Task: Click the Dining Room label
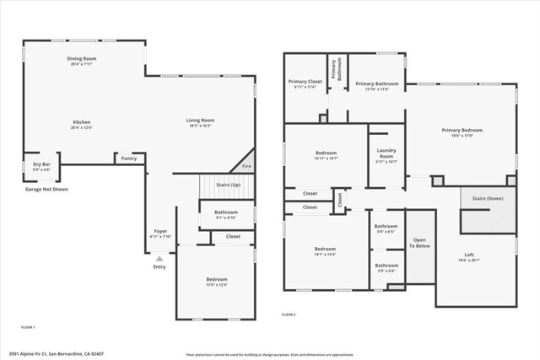[82, 58]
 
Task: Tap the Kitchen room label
[81, 121]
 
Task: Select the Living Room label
[200, 121]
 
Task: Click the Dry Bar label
[41, 164]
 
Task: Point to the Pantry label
[128, 158]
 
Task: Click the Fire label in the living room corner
[246, 166]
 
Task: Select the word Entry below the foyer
[159, 267]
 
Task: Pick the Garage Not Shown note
[46, 190]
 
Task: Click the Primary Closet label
[305, 82]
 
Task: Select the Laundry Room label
[386, 154]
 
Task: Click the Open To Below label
[420, 243]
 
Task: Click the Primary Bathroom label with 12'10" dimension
[376, 83]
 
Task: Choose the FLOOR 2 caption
[289, 314]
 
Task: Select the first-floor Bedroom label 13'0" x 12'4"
[217, 279]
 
